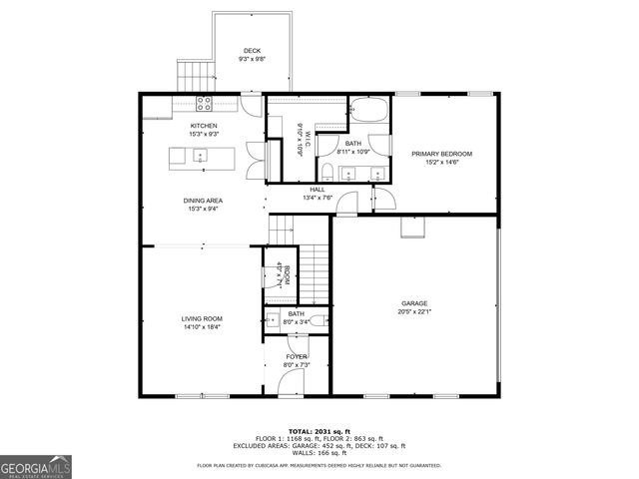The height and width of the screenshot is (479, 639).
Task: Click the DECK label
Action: (252, 51)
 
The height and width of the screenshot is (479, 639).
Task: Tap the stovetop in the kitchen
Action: (204, 103)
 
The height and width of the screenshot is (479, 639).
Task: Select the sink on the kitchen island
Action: (199, 156)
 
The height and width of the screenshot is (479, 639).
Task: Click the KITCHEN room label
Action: (191, 125)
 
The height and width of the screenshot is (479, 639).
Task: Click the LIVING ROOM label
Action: (201, 319)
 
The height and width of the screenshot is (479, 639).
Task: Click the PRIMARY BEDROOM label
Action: (441, 154)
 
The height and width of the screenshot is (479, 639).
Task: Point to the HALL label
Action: (318, 189)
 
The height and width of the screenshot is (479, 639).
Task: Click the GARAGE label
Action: (414, 303)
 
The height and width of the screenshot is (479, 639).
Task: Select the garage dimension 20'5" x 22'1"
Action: (414, 312)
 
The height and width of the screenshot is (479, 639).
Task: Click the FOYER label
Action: (297, 356)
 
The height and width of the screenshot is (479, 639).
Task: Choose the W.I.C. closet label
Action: (304, 135)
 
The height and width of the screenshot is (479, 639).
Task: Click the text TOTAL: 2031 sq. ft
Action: (319, 430)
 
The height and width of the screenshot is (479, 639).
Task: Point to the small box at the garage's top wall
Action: (410, 229)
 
